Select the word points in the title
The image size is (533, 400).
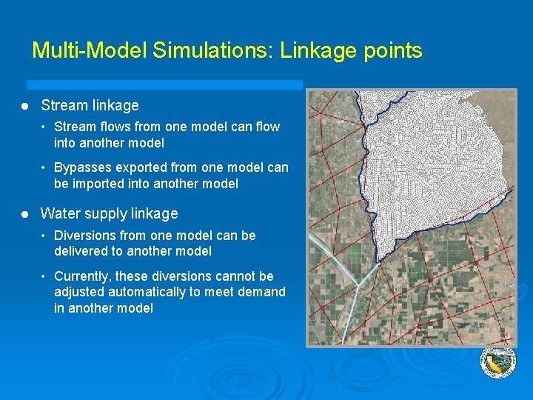pos(392,50)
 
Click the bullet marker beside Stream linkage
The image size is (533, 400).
pos(26,106)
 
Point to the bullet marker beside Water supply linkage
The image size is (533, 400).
pos(26,213)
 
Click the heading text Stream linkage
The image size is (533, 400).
pos(90,106)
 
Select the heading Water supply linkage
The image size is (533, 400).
pos(109,213)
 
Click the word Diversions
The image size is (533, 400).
pos(84,236)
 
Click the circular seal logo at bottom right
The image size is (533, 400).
pos(497,362)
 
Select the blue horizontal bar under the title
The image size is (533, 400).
pos(164,84)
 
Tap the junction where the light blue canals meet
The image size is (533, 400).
pos(360,284)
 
